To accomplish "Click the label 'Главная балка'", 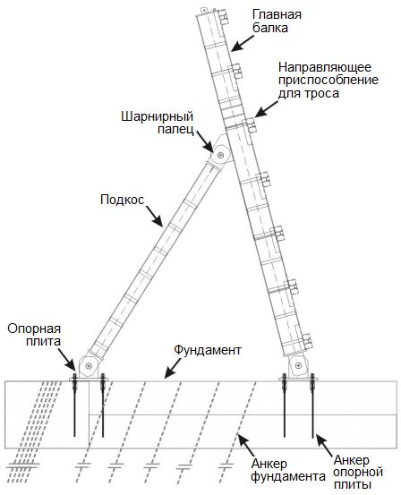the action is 277,21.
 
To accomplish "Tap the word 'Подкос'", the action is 123,200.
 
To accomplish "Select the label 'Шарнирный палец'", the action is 157,123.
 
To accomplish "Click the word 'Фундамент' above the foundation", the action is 208,350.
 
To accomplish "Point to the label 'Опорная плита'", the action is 34,335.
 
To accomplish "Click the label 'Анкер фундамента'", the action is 288,470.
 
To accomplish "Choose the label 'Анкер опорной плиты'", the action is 358,473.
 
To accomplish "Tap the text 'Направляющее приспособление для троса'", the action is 328,81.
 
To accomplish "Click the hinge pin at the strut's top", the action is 221,155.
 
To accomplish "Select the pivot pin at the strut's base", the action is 89,366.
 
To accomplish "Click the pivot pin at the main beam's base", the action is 298,365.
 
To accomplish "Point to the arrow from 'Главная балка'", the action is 243,43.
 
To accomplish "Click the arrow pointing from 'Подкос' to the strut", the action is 154,217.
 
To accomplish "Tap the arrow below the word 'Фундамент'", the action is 173,368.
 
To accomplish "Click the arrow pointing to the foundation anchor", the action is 247,445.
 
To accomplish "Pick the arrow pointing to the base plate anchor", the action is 325,445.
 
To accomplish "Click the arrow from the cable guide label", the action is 266,109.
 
